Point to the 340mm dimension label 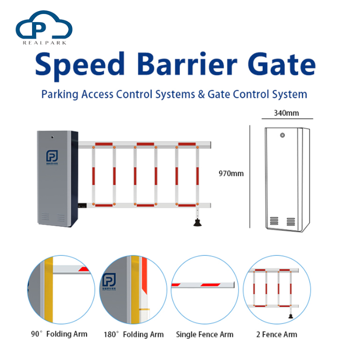[286, 113]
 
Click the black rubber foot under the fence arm [196, 222]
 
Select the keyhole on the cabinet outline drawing [283, 136]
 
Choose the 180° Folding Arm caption [133, 334]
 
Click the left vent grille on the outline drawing [274, 221]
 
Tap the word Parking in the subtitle [59, 94]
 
